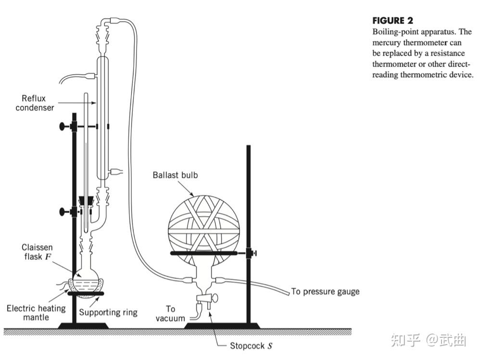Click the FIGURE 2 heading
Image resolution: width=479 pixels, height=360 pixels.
pos(392,21)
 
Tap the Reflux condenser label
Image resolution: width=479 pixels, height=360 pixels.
pos(35,103)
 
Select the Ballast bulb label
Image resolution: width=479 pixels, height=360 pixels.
pos(175,175)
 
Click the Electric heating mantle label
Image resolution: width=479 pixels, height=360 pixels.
pos(36,313)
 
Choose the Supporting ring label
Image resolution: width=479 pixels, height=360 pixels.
pos(108,312)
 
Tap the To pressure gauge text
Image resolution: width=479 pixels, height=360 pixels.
pos(325,292)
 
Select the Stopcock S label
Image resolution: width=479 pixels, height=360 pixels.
pos(252,346)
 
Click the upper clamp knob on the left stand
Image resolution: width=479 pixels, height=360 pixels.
pos(63,127)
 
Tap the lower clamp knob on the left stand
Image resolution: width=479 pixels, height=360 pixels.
pos(63,211)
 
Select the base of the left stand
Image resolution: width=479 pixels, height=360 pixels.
pos(76,326)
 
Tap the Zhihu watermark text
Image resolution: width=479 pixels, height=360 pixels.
pos(429,340)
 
